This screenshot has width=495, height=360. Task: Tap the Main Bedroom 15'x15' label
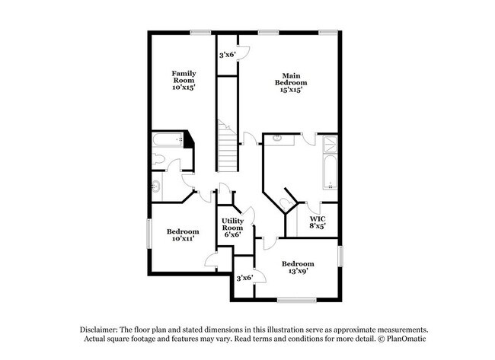point(289,82)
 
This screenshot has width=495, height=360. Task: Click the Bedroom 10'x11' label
point(184,235)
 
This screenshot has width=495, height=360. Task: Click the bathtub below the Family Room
point(167,141)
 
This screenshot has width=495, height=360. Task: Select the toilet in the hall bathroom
point(158,160)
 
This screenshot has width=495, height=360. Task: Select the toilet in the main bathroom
point(286,201)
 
